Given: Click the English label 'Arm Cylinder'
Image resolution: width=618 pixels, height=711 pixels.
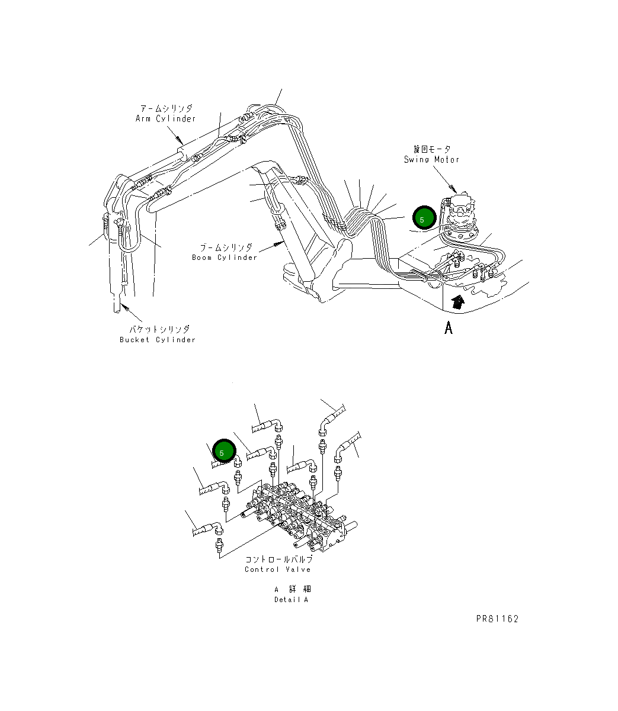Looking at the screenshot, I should pos(165,118).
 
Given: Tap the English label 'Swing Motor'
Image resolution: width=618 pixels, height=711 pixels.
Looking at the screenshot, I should pos(431,159).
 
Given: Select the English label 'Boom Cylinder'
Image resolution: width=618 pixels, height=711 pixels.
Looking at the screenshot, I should pos(225,258).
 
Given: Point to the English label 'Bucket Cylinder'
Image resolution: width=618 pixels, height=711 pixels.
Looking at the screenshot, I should pos(158,340).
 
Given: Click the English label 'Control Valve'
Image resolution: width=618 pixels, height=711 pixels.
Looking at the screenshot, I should pos(277,570).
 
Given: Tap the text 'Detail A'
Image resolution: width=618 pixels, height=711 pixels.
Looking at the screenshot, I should pos(291,600).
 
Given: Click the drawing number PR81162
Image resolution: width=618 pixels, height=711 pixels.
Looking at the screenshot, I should pos(497,619).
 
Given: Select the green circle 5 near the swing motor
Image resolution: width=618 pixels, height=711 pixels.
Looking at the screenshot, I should pos(424,218).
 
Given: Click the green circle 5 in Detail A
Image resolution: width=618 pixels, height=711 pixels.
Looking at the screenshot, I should pos(224,452).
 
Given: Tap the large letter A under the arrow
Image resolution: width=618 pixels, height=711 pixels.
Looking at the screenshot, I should pos(449,327).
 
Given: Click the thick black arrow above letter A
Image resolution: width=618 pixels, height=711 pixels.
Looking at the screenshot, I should pos(457,302).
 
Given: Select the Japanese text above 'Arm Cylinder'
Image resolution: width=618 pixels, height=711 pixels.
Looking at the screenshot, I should pos(165,108).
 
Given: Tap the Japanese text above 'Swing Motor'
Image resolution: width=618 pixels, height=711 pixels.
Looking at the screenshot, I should pos(431,149).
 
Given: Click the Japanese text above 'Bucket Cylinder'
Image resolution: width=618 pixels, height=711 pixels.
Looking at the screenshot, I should pos(159,329).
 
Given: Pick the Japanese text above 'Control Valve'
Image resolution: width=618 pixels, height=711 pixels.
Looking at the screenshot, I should pos(278,559).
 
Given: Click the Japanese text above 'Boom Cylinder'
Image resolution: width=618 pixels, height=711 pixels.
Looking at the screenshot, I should pos(226,247).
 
